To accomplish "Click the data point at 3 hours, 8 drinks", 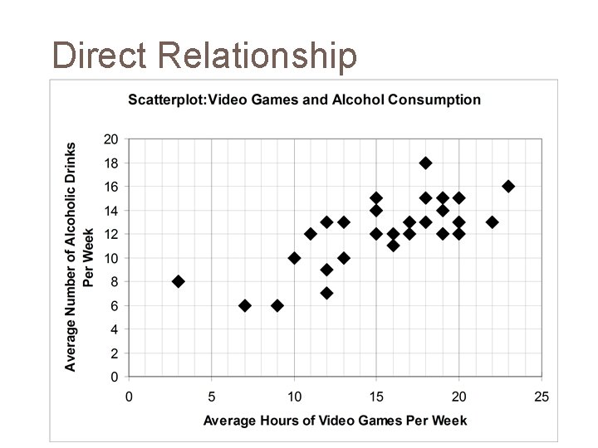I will (x=178, y=282).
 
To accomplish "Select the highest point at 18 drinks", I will (x=426, y=163).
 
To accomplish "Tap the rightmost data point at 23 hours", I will (x=508, y=187).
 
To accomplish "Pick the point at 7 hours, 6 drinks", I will (x=244, y=306).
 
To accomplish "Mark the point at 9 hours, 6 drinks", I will (x=277, y=306).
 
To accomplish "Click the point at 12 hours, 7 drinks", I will (x=327, y=294).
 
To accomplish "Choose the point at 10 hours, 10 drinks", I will (x=294, y=258).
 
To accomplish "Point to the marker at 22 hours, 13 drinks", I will (x=492, y=222).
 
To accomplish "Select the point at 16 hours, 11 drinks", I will (x=393, y=246).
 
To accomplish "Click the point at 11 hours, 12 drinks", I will (x=311, y=234).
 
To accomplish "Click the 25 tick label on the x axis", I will (x=542, y=397).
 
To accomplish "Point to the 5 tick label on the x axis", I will (x=211, y=397).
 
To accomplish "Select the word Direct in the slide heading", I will (x=99, y=56).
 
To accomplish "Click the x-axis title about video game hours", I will (x=336, y=421).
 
